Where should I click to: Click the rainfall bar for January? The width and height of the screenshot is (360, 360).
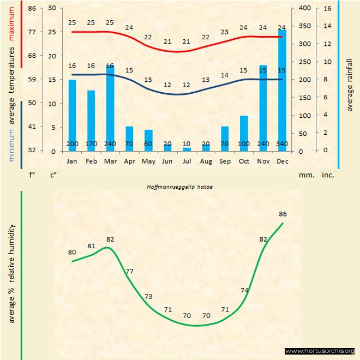[x=72, y=115]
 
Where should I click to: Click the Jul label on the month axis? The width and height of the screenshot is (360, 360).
[x=187, y=162]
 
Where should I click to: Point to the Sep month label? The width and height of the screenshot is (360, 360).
[x=225, y=162]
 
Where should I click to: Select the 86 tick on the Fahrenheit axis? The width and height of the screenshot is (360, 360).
[x=32, y=8]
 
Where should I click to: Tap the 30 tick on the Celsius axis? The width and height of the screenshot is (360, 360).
[x=52, y=8]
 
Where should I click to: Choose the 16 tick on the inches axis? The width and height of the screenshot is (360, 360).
[x=327, y=8]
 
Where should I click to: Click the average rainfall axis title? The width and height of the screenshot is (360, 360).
[x=350, y=85]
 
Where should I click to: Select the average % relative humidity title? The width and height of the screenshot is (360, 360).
[x=11, y=273]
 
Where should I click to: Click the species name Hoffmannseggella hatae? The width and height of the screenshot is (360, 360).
[x=179, y=187]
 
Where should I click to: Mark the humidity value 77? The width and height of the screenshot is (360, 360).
[x=130, y=271]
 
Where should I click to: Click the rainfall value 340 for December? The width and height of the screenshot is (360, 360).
[x=282, y=143]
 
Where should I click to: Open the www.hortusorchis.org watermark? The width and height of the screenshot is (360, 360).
[x=320, y=351]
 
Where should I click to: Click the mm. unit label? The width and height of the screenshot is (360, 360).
[x=305, y=176]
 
